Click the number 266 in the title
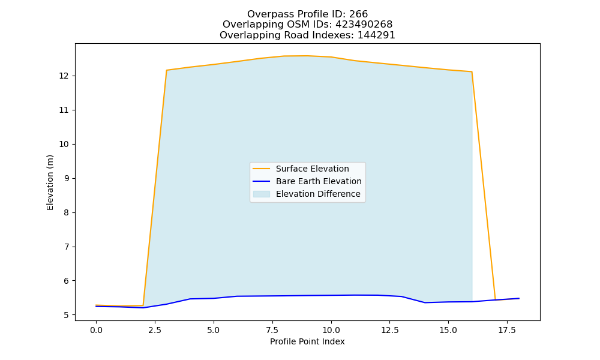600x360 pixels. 358,14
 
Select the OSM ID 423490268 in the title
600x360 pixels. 364,25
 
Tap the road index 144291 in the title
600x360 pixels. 376,35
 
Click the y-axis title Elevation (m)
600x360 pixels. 50,182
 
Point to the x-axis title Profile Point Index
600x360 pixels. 307,341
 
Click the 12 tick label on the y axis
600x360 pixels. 64,76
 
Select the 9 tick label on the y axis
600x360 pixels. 66,178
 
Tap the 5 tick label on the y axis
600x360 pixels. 66,315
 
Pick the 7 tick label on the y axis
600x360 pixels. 66,247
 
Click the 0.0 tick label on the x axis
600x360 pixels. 96,330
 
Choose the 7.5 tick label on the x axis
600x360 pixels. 272,330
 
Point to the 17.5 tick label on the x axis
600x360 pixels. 507,330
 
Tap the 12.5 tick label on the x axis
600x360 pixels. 389,330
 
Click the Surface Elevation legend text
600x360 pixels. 312,169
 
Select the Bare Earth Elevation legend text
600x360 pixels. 319,181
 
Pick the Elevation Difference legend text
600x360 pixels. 318,194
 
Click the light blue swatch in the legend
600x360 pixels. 262,194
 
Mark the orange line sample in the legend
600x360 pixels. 262,169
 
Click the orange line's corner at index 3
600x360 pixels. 166,70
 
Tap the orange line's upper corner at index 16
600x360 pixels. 472,72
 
